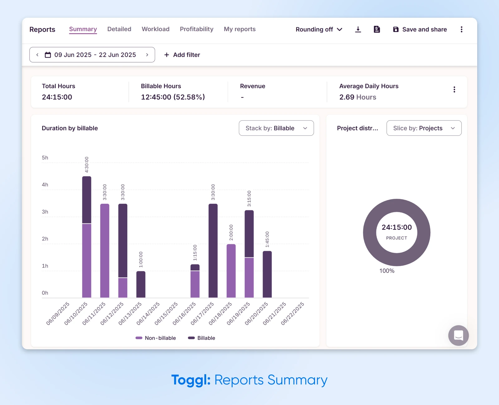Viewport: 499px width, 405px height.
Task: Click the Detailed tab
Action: point(119,29)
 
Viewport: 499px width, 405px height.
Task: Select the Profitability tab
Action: point(196,29)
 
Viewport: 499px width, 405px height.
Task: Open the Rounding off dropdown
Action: point(319,30)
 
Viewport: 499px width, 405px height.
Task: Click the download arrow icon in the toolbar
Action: point(358,30)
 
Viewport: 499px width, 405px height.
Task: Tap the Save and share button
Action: point(420,30)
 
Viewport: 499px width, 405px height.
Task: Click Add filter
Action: point(182,55)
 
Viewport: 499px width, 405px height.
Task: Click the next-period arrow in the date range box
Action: point(147,55)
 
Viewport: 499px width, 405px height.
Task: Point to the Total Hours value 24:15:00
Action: point(57,97)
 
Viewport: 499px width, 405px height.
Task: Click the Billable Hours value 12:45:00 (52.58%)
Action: point(173,97)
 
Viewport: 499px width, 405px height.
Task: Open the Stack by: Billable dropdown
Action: point(276,128)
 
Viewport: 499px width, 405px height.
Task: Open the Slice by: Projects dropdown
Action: point(424,128)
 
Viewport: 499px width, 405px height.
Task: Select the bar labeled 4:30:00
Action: point(87,237)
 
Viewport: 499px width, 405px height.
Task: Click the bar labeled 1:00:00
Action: point(141,284)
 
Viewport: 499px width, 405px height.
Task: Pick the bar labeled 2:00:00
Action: point(231,271)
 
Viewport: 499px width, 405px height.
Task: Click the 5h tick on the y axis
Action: point(45,158)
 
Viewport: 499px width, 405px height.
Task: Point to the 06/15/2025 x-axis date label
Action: point(166,313)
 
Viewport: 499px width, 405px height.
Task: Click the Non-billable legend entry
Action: point(156,338)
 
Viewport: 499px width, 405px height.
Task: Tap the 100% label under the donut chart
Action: point(387,271)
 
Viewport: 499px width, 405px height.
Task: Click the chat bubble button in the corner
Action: point(458,336)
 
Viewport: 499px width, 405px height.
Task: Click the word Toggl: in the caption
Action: point(191,380)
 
